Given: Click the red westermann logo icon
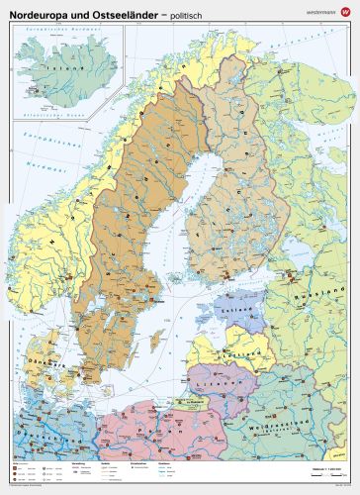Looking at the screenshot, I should pos(344,11).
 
